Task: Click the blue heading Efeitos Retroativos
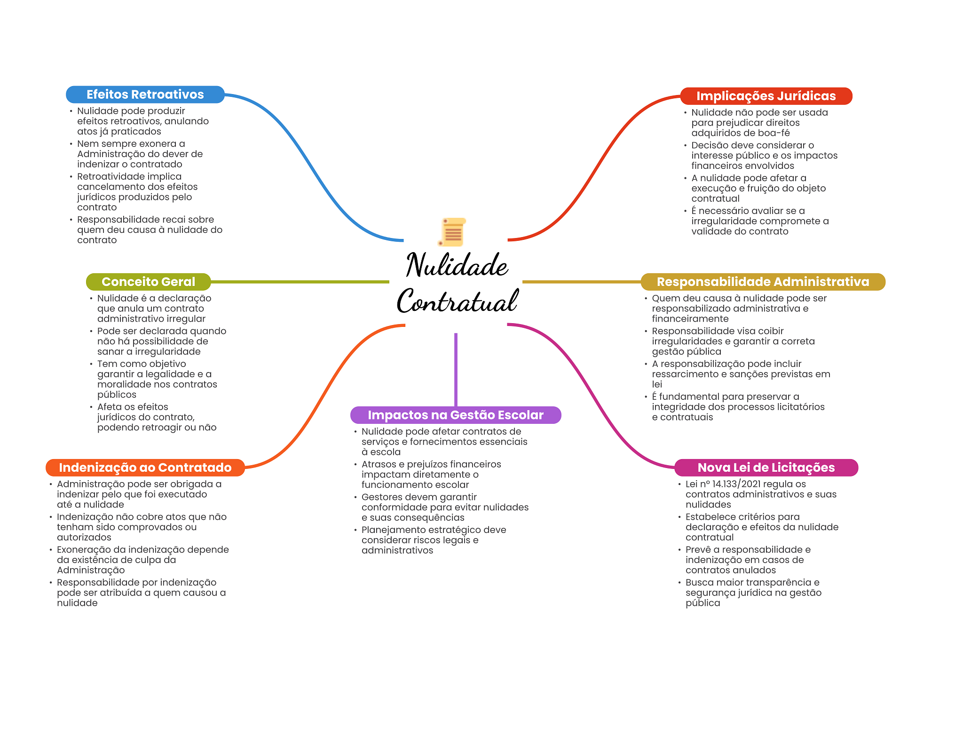pos(145,95)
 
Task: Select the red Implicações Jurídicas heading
pos(766,96)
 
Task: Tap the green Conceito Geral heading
pos(148,282)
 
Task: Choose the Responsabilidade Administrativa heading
pos(763,282)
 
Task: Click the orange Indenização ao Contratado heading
pos(145,468)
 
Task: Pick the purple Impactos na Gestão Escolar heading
pos(455,415)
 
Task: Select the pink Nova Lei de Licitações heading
pos(766,468)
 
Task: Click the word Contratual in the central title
pos(457,301)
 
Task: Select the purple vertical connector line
pos(456,369)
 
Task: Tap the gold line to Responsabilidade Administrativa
pos(581,282)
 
